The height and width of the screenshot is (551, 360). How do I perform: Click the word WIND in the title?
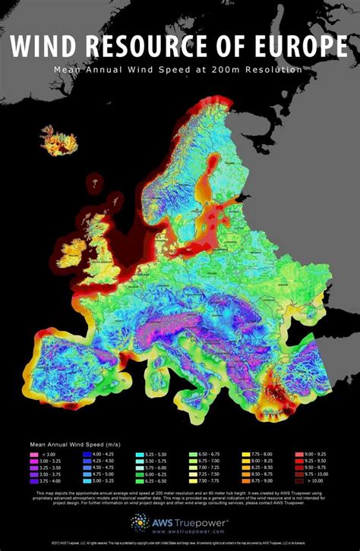(x=49, y=48)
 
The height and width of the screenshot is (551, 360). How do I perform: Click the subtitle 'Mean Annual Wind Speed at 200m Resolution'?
(x=178, y=69)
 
